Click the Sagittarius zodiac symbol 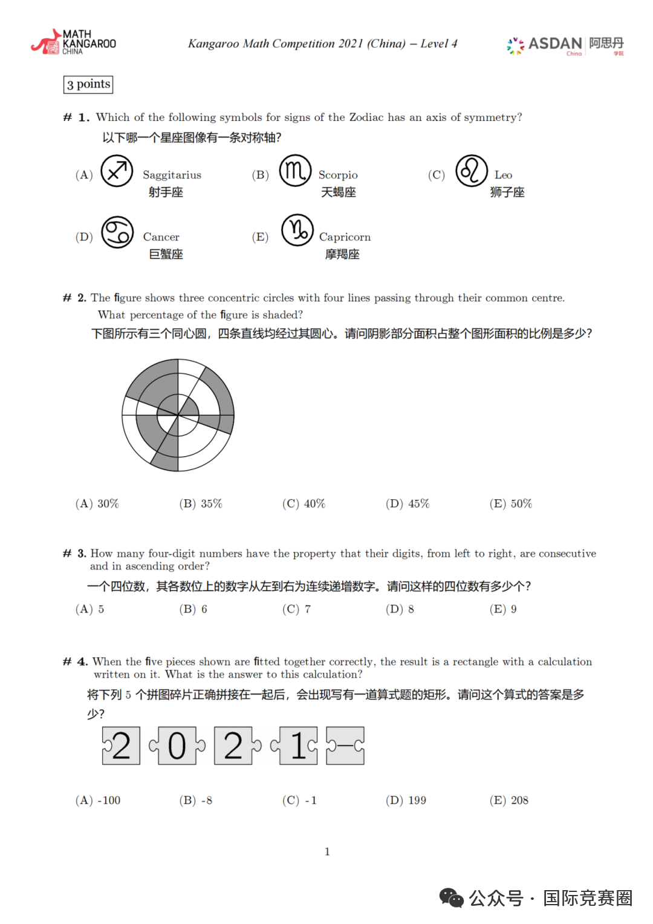coord(117,171)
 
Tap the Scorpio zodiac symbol coord(295,171)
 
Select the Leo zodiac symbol coord(472,171)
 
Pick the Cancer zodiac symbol coord(117,232)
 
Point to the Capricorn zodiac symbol coord(297,231)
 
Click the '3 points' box coord(88,84)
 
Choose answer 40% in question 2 coord(304,503)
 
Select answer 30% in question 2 coord(97,503)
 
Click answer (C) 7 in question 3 coord(296,609)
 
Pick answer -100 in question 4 coord(98,800)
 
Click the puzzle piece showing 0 coord(177,745)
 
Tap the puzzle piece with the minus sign coord(345,745)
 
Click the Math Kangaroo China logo coord(73,42)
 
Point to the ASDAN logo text coord(554,44)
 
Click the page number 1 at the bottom coord(327,851)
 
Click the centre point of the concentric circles coord(178,415)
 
